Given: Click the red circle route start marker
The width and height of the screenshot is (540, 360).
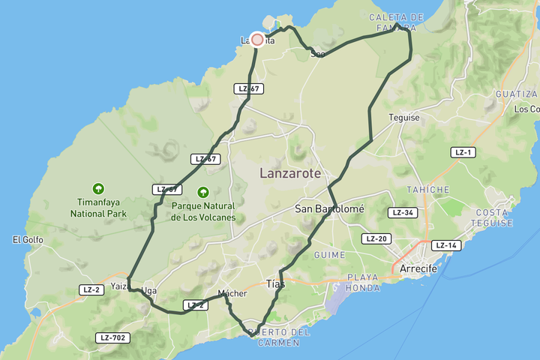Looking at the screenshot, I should [257, 40].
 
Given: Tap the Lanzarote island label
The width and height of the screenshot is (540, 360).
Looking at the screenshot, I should [290, 173].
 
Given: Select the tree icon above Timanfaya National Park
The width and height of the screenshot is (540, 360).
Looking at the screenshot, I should [98, 188].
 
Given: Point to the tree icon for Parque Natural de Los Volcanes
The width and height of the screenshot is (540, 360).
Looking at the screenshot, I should [202, 192].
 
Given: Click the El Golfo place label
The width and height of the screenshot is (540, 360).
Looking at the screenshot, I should [28, 240].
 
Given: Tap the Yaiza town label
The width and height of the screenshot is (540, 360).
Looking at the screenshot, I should [119, 286].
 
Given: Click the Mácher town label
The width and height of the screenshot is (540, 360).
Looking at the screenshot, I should [232, 293].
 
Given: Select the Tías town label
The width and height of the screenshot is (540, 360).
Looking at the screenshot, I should [275, 283].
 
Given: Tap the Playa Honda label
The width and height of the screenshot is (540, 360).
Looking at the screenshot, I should [363, 282].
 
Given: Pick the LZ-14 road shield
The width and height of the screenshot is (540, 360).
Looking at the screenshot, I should [446, 245].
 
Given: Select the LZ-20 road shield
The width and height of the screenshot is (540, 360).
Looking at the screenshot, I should [376, 238].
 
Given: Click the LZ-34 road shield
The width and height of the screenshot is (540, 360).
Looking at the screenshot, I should [403, 212].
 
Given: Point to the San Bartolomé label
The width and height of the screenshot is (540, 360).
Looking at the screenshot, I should [329, 208].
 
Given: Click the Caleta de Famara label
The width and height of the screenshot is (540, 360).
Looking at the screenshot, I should [397, 22].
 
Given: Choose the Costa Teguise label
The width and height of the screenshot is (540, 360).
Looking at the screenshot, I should [492, 217].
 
